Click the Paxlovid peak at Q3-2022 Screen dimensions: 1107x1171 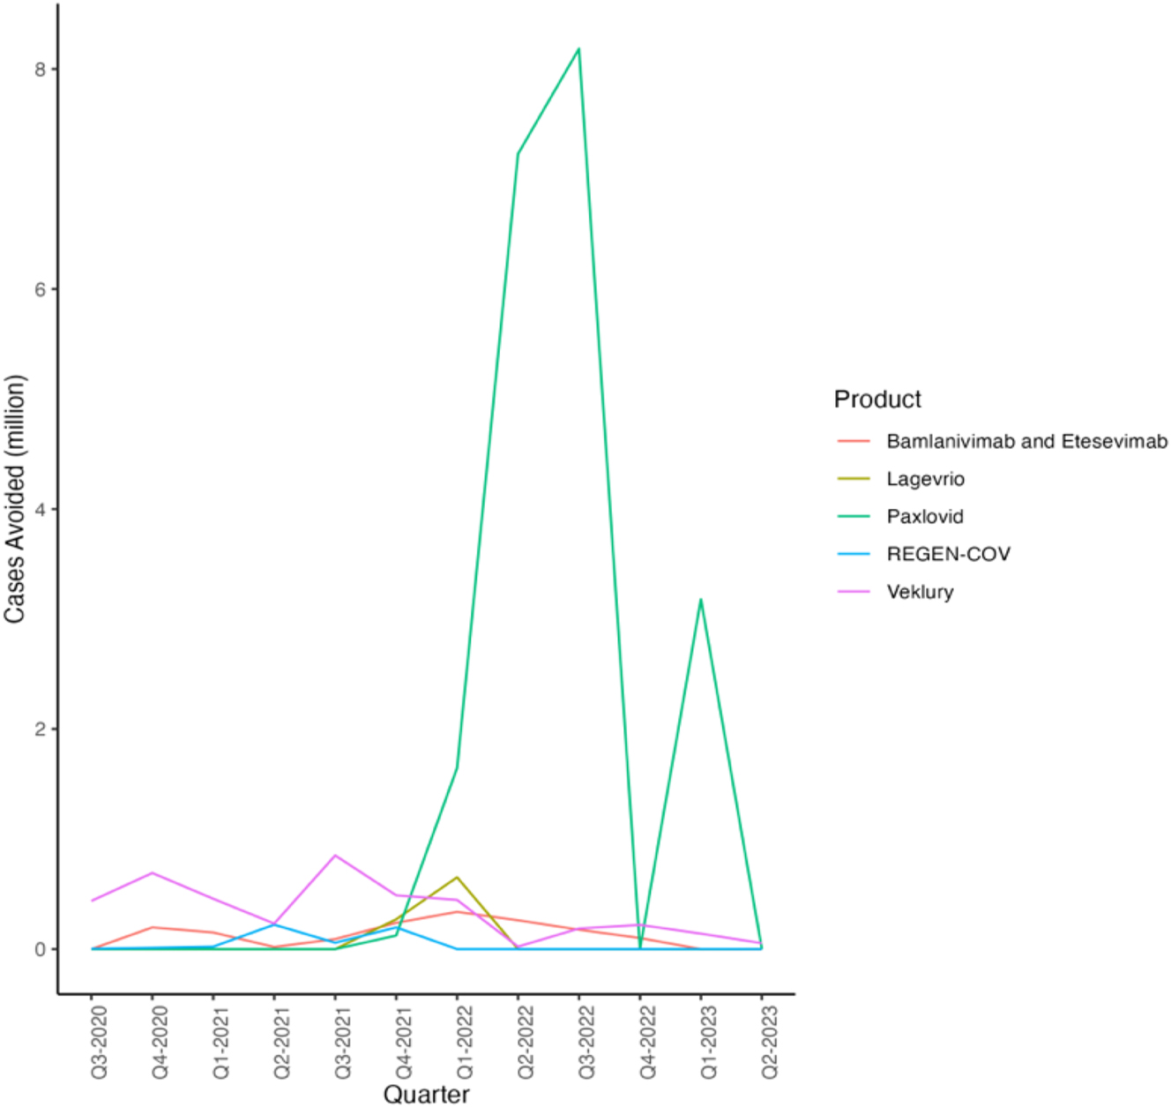tap(578, 49)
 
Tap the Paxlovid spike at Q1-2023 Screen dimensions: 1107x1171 tap(700, 600)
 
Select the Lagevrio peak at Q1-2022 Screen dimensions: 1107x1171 tap(457, 878)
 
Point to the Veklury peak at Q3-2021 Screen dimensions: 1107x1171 tap(335, 856)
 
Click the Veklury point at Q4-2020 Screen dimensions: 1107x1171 tap(153, 873)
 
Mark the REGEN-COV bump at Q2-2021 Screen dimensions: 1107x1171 tap(274, 924)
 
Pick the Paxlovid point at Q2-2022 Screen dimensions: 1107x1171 tap(518, 154)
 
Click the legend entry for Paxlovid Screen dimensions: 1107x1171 tap(924, 517)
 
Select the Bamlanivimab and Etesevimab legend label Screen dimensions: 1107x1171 tap(1026, 441)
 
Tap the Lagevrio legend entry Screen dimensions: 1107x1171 tap(925, 479)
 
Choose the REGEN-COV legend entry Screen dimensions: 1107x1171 tap(948, 554)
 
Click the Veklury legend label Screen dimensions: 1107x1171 tap(920, 592)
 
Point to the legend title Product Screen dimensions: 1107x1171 tap(877, 400)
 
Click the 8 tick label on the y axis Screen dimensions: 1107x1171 tap(40, 69)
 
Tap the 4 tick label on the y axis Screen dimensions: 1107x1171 tap(40, 509)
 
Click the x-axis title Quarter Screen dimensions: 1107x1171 tap(426, 1095)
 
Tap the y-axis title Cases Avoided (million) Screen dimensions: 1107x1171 tap(15, 499)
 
